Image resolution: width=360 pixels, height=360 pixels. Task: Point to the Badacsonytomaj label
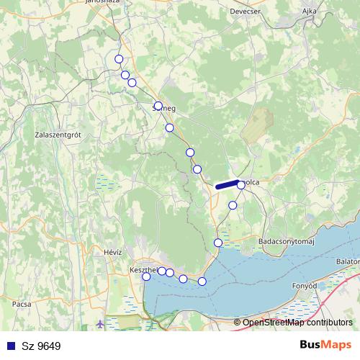click(x=287, y=243)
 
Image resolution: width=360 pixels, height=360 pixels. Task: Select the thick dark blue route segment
click(x=227, y=185)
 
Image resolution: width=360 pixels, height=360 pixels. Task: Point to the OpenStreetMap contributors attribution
click(x=297, y=323)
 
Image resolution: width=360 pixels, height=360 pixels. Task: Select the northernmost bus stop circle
click(x=119, y=59)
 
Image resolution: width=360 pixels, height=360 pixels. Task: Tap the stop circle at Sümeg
click(x=158, y=106)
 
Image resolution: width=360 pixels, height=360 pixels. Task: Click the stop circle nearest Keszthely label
click(x=146, y=276)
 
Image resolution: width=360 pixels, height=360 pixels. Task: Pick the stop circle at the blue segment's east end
click(x=241, y=184)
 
